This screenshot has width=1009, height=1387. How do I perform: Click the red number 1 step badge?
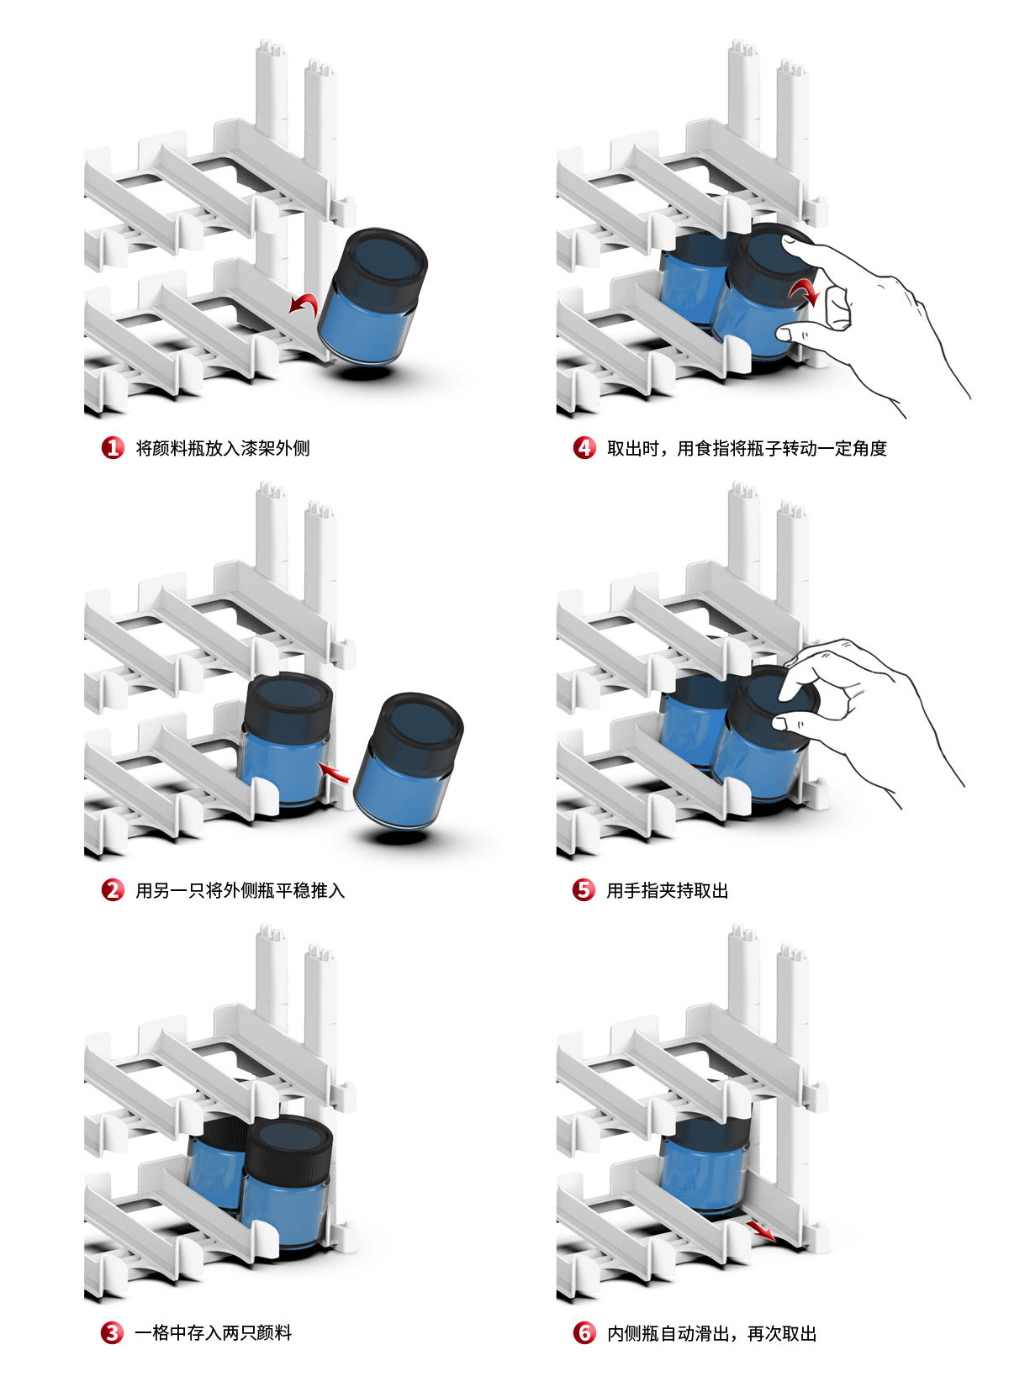click(113, 448)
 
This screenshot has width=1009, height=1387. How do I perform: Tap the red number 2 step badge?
click(113, 889)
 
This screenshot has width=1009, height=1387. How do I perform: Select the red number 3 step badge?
click(113, 1332)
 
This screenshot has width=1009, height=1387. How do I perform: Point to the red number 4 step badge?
click(584, 448)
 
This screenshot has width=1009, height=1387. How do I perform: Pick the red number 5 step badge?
click(584, 889)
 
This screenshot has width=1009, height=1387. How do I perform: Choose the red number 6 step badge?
click(584, 1332)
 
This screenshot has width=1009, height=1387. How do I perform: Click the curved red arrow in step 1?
click(304, 303)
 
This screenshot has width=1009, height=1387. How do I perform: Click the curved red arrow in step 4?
click(805, 292)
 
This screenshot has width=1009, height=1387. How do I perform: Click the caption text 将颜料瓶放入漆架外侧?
click(223, 448)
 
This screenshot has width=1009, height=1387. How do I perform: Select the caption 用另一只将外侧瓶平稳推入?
click(240, 889)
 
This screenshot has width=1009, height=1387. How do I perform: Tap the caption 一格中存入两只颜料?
click(214, 1332)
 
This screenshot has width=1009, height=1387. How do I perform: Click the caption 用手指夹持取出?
click(668, 889)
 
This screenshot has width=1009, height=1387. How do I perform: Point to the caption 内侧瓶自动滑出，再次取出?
click(711, 1332)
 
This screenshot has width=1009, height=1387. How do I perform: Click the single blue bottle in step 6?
click(697, 1164)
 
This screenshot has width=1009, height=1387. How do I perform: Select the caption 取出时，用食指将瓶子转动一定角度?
click(747, 448)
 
